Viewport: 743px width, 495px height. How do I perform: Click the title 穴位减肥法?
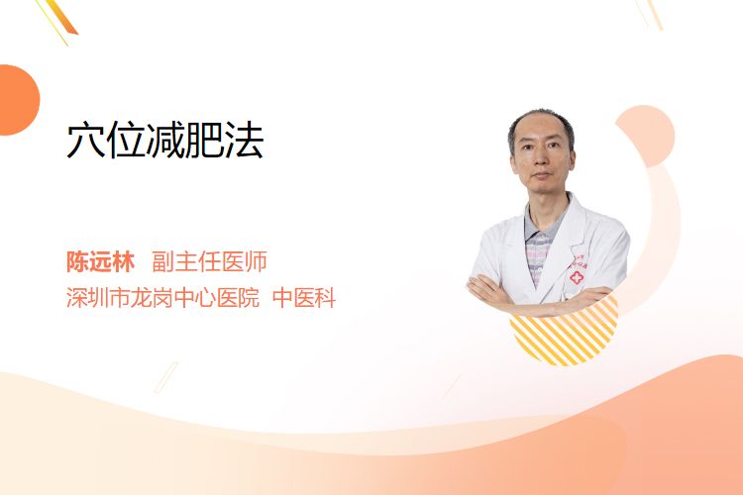(x=165, y=140)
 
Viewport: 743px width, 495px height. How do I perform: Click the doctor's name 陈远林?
(x=100, y=261)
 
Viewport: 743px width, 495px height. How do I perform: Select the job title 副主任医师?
(x=209, y=261)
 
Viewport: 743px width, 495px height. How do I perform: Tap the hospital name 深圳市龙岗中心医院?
(x=162, y=297)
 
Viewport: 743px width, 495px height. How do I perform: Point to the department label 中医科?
(x=304, y=297)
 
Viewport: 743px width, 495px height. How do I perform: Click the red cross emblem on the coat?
(x=577, y=277)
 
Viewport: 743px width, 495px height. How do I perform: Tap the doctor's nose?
(x=541, y=161)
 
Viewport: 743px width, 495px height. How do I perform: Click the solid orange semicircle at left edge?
(x=19, y=100)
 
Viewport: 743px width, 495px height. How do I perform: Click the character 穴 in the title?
(x=86, y=140)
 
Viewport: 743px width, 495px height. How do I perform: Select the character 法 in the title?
(x=245, y=140)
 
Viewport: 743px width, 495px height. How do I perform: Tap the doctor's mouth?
(x=541, y=176)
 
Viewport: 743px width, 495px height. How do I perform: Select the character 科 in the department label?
(x=326, y=297)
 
